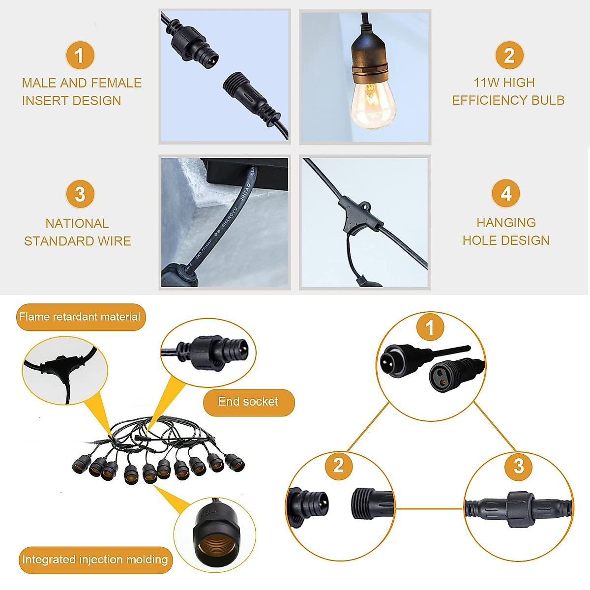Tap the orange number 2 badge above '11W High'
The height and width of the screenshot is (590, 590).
click(509, 55)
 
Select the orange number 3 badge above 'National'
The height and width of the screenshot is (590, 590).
click(80, 194)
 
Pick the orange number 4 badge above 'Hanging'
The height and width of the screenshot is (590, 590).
click(506, 193)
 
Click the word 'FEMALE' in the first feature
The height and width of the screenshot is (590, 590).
click(116, 83)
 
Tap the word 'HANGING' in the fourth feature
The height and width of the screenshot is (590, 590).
click(506, 223)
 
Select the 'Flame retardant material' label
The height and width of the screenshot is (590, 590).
click(80, 317)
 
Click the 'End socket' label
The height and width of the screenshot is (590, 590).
click(248, 402)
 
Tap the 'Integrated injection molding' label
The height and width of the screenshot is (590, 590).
click(95, 560)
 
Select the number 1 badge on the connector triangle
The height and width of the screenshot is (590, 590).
click(430, 327)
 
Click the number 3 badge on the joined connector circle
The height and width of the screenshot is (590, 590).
click(519, 466)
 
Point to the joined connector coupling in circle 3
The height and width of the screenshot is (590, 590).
click(519, 508)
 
